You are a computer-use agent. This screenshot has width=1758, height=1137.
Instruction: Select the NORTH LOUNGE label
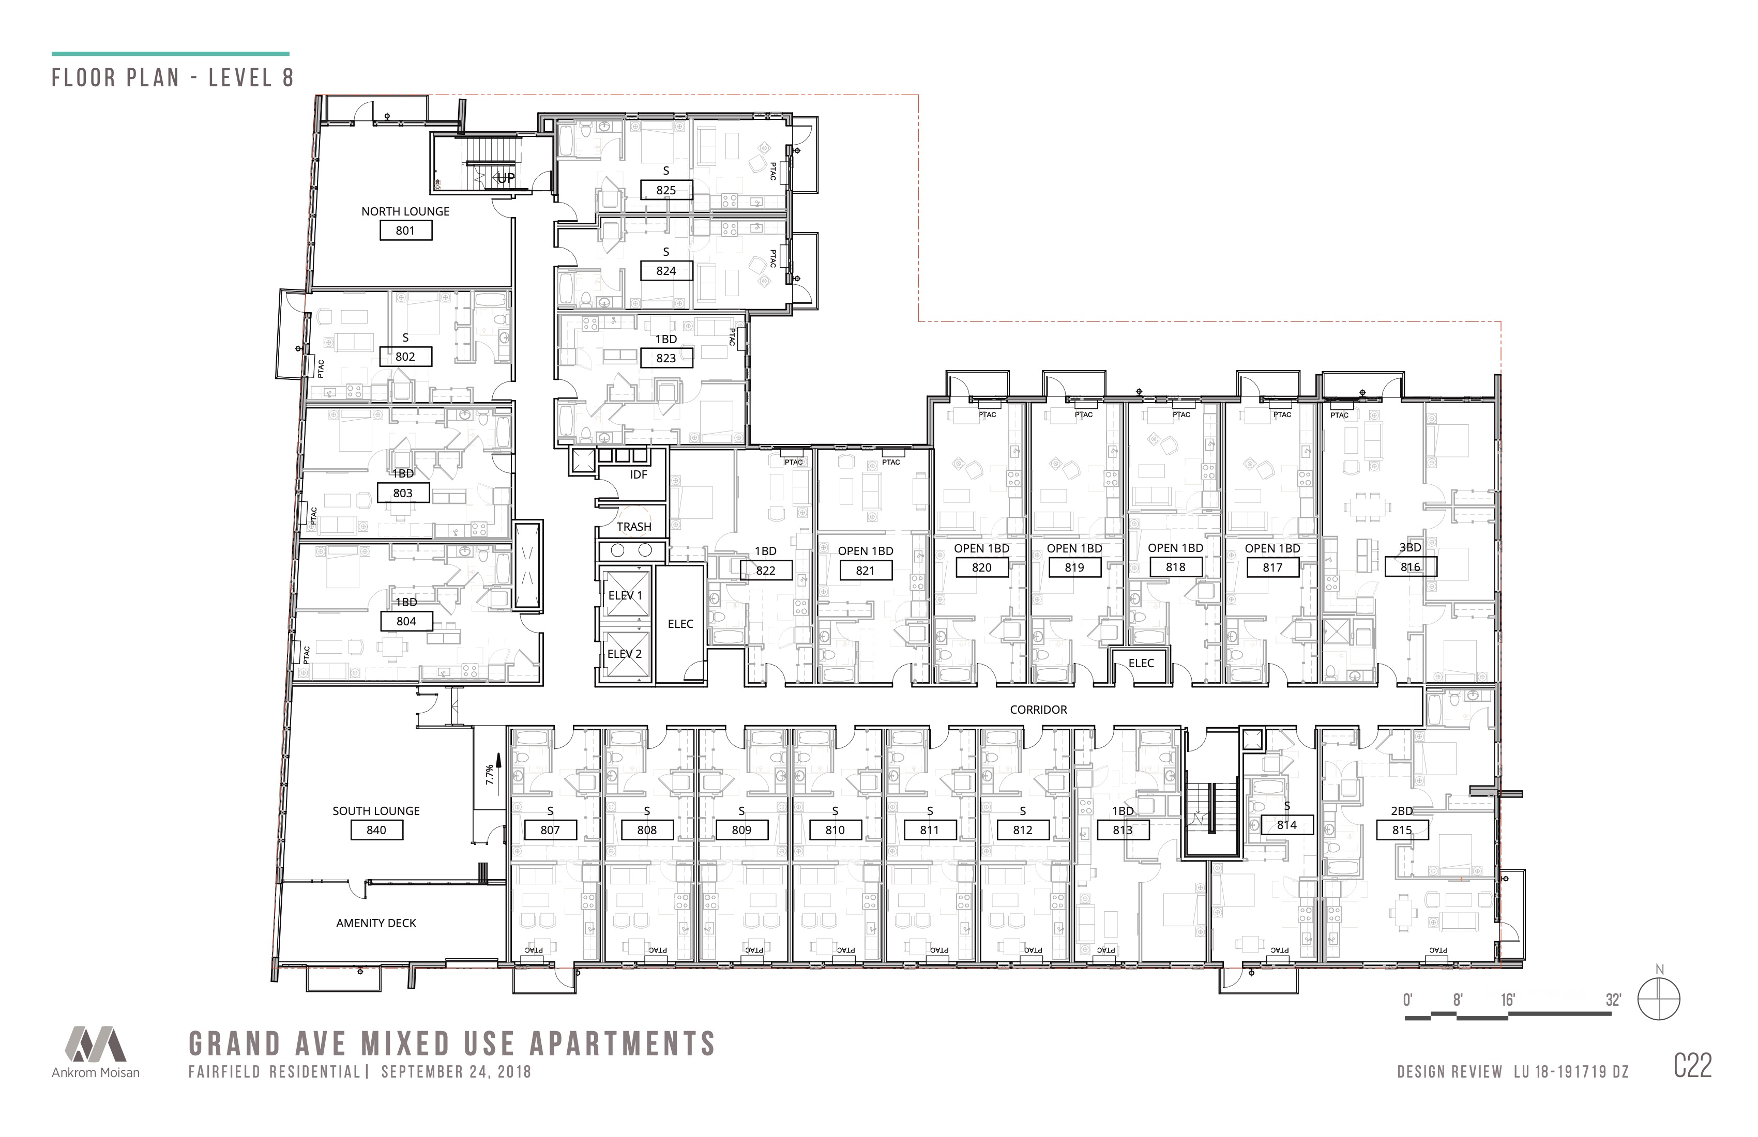[x=405, y=211]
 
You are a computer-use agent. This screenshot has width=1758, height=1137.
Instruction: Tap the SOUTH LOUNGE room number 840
[x=376, y=830]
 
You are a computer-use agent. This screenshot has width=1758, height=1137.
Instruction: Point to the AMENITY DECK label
[x=376, y=923]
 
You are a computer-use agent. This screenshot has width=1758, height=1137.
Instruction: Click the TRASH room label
[x=634, y=527]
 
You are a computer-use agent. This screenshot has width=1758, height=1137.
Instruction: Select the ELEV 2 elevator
[x=625, y=654]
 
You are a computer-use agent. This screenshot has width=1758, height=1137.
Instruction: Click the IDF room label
[x=638, y=475]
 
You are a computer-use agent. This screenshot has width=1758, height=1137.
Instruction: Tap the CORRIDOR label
[x=1039, y=710]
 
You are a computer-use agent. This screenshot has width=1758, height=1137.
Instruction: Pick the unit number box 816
[x=1410, y=567]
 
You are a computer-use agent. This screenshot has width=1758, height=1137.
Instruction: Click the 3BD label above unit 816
[x=1410, y=548]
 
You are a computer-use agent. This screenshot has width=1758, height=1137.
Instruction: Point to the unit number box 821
[x=865, y=570]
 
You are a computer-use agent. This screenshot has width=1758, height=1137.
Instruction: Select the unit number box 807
[x=550, y=830]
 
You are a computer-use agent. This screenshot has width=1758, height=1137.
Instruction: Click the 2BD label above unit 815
[x=1402, y=811]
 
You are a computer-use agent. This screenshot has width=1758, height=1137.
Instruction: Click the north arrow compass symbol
[x=1659, y=1000]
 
